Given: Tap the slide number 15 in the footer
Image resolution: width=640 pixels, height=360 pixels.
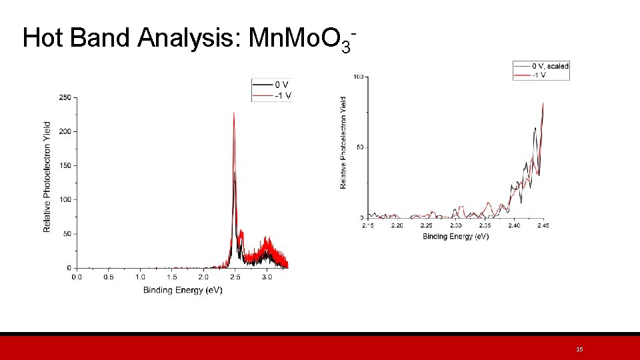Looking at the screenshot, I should click(579, 349).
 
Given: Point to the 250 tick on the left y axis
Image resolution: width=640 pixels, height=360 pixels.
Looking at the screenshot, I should click(65, 97).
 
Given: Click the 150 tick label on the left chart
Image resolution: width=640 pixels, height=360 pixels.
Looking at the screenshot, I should click(65, 165).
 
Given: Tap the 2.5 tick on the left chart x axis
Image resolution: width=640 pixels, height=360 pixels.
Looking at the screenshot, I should click(234, 277).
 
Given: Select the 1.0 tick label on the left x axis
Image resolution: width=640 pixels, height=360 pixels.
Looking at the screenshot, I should click(140, 277).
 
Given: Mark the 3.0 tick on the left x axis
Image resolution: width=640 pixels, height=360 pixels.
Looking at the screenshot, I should click(267, 277).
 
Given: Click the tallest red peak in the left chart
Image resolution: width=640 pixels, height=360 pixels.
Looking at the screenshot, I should click(234, 113).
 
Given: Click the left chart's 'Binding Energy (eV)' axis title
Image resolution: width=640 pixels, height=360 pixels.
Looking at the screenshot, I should click(183, 290).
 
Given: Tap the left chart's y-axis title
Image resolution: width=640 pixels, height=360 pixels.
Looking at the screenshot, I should click(47, 177).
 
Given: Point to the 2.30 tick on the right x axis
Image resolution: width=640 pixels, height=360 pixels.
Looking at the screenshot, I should click(455, 226).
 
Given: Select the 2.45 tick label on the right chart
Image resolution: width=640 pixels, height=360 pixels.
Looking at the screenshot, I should click(543, 226).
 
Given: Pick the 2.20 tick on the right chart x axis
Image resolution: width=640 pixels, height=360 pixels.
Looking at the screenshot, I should click(397, 226).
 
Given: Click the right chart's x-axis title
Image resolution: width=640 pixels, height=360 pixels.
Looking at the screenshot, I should click(455, 237).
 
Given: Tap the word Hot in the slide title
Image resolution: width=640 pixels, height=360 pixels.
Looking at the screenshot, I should click(43, 38).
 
